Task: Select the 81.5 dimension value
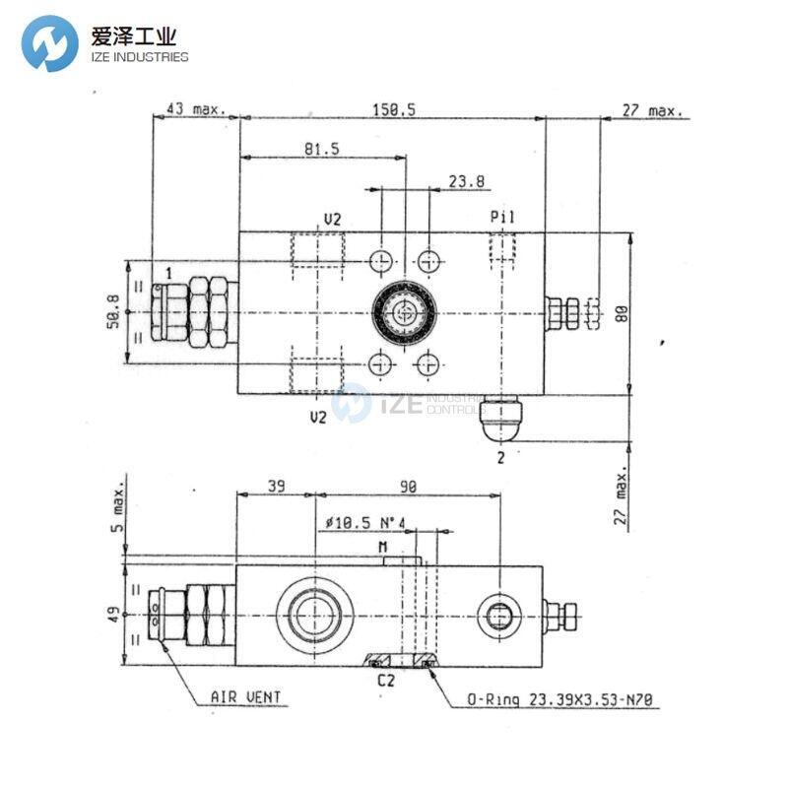[321, 149]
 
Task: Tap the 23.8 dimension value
[468, 181]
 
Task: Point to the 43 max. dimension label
[194, 111]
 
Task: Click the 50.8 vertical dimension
[113, 312]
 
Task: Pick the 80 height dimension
[621, 312]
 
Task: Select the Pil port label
[502, 217]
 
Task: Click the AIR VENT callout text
[245, 697]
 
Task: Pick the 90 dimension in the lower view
[407, 487]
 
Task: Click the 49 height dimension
[114, 615]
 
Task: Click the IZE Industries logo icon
[49, 43]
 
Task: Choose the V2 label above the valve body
[333, 218]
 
